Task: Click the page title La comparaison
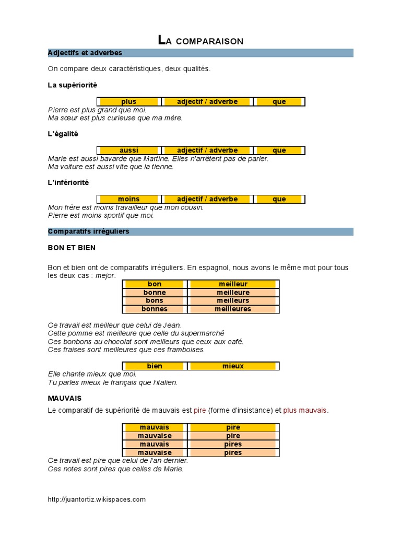(x=200, y=40)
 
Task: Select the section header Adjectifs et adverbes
(x=85, y=53)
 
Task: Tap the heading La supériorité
(x=72, y=85)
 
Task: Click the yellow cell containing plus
(x=128, y=101)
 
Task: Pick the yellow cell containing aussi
(x=128, y=150)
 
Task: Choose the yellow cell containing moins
(x=128, y=199)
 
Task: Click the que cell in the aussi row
(x=279, y=150)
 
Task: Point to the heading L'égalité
(x=63, y=134)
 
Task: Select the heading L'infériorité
(x=68, y=182)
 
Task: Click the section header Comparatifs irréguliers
(x=89, y=231)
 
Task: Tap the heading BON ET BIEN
(x=72, y=247)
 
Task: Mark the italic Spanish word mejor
(x=105, y=275)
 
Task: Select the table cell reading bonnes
(x=155, y=309)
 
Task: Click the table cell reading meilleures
(x=233, y=309)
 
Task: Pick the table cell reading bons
(x=155, y=300)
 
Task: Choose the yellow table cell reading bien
(x=155, y=366)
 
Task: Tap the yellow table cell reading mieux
(x=233, y=366)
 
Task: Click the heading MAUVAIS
(x=64, y=398)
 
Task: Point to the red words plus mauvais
(x=305, y=411)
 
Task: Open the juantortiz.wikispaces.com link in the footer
(x=97, y=499)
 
